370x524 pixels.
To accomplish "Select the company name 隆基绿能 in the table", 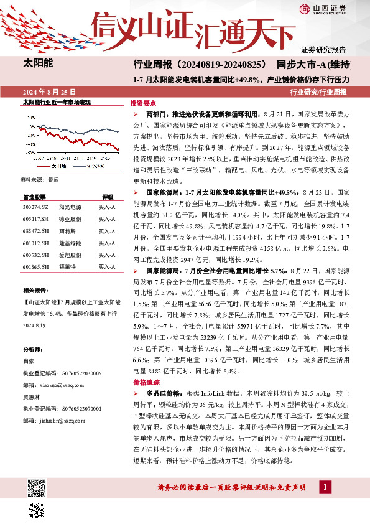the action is pyautogui.click(x=71, y=243).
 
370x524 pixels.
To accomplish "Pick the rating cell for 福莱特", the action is pyautogui.click(x=108, y=267).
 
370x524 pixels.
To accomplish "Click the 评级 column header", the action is pyautogui.click(x=108, y=195).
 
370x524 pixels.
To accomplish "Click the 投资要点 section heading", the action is pyautogui.click(x=142, y=103).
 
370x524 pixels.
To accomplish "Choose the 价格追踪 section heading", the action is pyautogui.click(x=142, y=382).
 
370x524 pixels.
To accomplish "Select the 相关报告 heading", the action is pyautogui.click(x=36, y=291).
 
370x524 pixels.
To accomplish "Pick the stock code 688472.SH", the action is pyautogui.click(x=35, y=231).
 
